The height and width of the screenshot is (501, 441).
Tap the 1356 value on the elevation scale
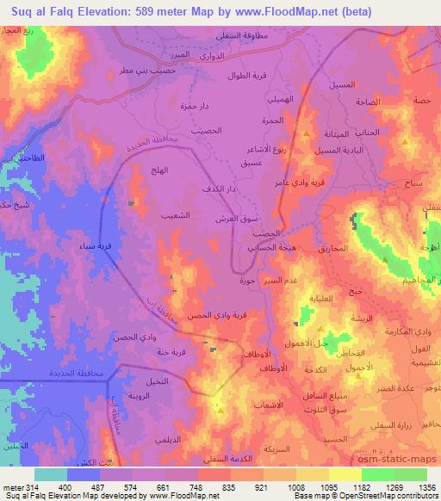click(426, 488)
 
